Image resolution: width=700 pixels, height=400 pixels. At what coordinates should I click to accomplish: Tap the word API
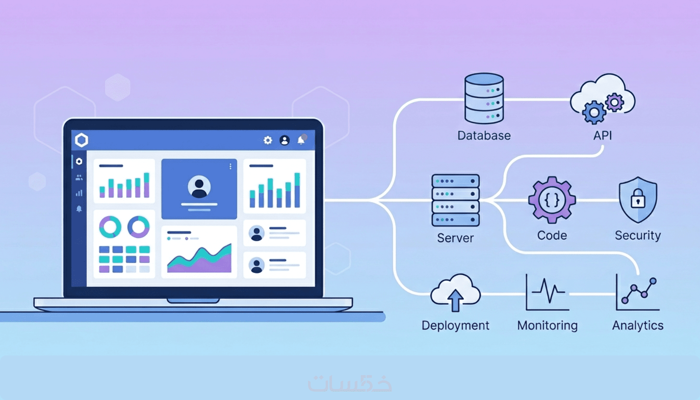(x=602, y=136)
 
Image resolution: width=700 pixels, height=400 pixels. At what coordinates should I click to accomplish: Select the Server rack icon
(x=455, y=200)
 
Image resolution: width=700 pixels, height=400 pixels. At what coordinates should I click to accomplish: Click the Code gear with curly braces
(x=552, y=200)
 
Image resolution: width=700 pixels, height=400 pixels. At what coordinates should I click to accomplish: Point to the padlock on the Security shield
(x=638, y=198)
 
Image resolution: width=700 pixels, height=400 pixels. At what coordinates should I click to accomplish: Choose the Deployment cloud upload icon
(x=455, y=292)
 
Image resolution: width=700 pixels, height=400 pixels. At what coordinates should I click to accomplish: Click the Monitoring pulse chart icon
(x=547, y=293)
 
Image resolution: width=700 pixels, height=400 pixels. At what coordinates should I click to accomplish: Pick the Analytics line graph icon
(x=637, y=293)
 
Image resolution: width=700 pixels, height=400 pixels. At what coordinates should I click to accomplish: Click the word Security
(x=637, y=235)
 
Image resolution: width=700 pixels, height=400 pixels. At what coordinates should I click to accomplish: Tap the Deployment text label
(x=455, y=325)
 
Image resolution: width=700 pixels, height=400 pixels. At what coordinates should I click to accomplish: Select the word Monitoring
(x=547, y=325)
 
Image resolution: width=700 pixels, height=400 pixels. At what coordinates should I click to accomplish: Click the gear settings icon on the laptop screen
(x=268, y=140)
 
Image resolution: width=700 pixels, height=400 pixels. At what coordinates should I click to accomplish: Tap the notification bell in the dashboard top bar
(x=301, y=140)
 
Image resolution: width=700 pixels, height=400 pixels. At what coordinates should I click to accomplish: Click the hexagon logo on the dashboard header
(x=82, y=140)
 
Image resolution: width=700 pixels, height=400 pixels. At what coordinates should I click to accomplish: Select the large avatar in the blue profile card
(x=199, y=187)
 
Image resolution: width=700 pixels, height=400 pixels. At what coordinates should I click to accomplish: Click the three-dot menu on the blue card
(x=230, y=166)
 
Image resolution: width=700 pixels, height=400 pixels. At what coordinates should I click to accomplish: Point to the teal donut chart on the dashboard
(x=110, y=227)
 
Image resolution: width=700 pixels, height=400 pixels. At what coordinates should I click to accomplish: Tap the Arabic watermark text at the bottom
(x=350, y=384)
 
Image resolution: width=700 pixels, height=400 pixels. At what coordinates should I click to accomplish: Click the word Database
(x=484, y=136)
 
